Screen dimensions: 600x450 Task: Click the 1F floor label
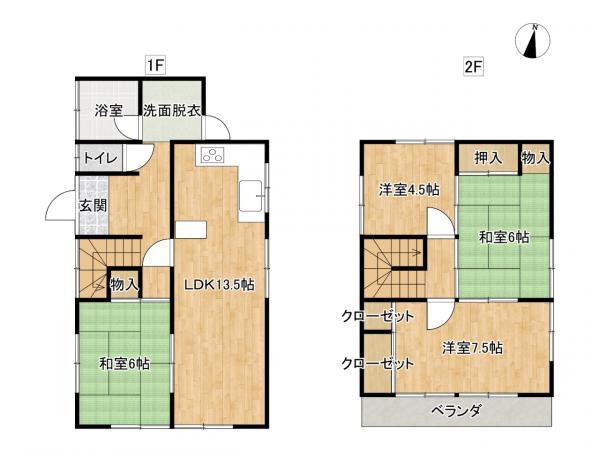coord(155,65)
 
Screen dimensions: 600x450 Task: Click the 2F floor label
coord(473,67)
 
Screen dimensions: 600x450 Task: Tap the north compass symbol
coord(533,41)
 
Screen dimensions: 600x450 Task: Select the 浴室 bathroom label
coord(109,111)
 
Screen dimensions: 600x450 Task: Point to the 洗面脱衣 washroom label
coord(172,111)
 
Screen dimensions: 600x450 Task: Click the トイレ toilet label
coord(100,158)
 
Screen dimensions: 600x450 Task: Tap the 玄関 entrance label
coord(93,206)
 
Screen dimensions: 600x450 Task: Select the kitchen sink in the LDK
coord(251,196)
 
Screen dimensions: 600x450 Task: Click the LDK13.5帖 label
coord(219,284)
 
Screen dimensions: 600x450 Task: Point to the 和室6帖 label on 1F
coord(124,363)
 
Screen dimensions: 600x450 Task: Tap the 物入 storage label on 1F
coord(124,284)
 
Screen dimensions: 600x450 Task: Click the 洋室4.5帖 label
coord(409,190)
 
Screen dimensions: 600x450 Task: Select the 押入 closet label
coord(488,158)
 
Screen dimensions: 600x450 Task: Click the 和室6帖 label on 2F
coord(504,237)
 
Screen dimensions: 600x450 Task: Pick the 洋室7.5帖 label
coord(473,348)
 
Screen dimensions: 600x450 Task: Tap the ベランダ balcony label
coord(456,411)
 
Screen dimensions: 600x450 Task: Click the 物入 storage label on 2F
coord(536,158)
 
